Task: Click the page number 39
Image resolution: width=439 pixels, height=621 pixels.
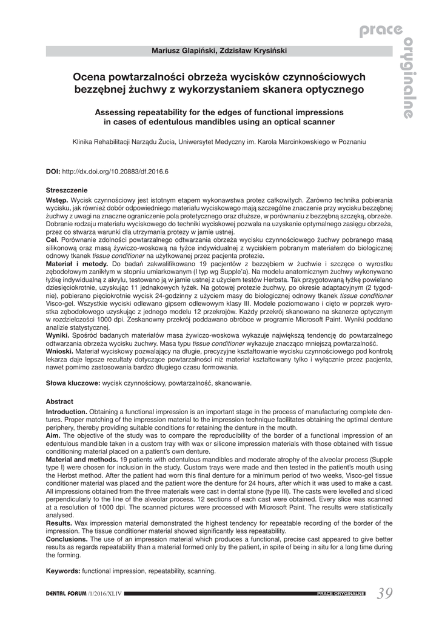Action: (384, 593)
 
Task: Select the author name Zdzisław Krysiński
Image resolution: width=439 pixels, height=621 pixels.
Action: (255, 50)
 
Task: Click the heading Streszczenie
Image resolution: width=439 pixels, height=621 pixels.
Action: (67, 190)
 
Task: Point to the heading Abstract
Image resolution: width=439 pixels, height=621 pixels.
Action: (59, 401)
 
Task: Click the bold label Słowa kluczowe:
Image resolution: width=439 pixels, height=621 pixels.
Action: (73, 383)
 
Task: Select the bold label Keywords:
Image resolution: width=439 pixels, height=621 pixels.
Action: (63, 571)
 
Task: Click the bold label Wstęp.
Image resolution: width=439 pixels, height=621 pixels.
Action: (57, 200)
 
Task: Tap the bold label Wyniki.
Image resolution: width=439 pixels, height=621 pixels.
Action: (57, 335)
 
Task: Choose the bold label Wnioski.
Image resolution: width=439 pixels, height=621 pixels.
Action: (60, 351)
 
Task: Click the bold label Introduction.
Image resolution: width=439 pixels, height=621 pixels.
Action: (67, 411)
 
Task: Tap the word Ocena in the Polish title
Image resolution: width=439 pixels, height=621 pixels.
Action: (89, 76)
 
